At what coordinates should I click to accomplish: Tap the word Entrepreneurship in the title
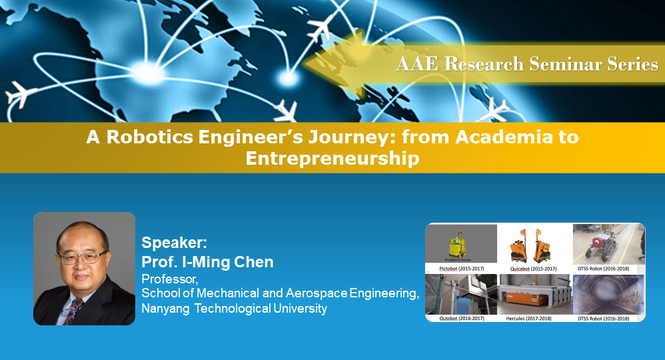tap(332, 159)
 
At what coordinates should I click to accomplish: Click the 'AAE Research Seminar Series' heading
tap(526, 64)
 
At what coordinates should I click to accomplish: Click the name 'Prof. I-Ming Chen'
tap(207, 262)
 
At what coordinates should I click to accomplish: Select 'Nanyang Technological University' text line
tap(234, 308)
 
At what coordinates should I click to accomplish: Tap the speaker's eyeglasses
tap(83, 256)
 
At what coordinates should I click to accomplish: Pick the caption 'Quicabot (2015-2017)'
tap(534, 268)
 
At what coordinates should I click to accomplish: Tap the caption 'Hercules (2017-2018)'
tap(534, 318)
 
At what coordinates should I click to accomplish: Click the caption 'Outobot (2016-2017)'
tap(461, 318)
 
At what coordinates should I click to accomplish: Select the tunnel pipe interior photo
tap(608, 294)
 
